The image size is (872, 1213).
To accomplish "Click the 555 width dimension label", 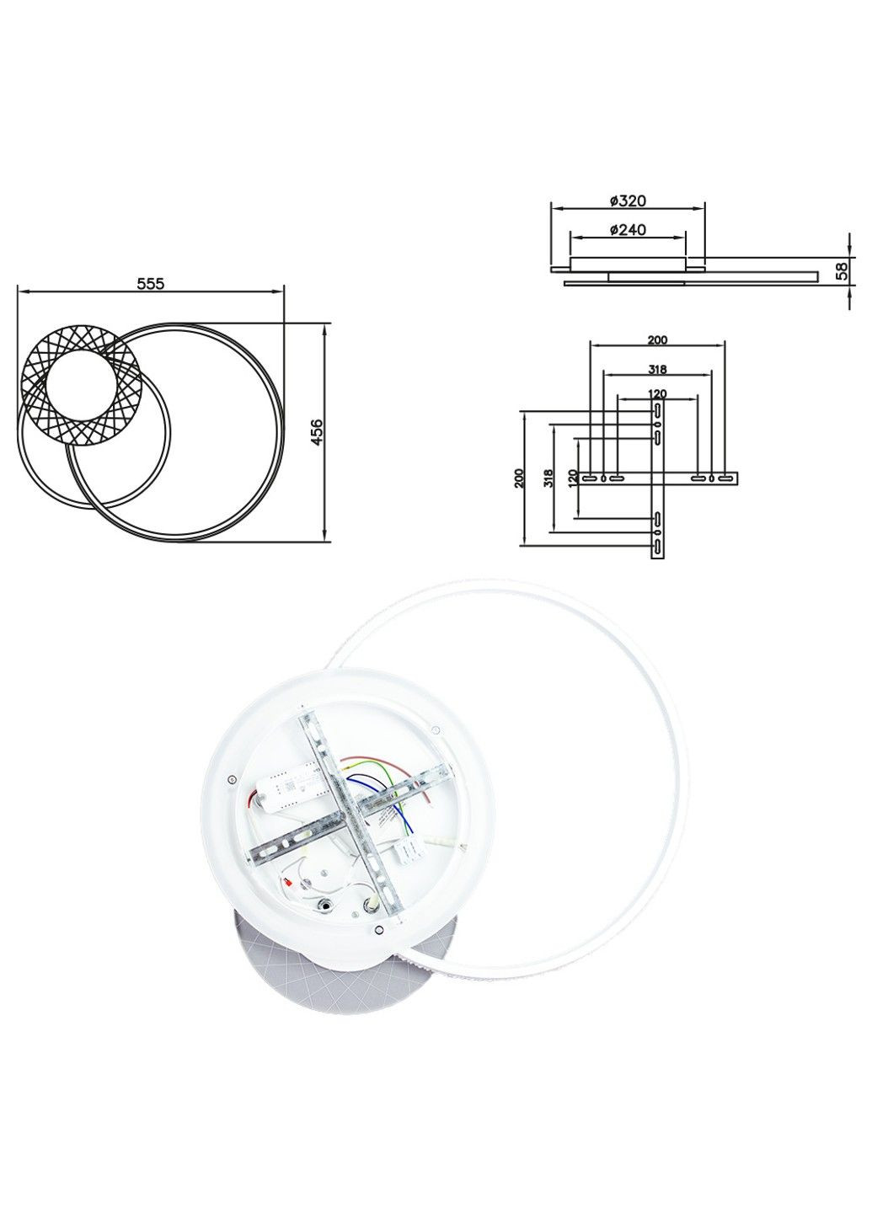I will click(x=151, y=285).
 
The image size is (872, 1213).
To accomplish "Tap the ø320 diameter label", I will click(x=627, y=201).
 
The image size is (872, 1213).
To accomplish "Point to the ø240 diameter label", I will click(x=627, y=230).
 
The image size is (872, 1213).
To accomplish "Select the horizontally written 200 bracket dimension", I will click(x=657, y=340).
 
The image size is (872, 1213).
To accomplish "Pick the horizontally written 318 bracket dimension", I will click(x=657, y=369).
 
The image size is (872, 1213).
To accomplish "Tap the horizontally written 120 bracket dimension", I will click(x=657, y=393).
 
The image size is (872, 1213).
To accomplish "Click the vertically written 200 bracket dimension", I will click(x=519, y=478).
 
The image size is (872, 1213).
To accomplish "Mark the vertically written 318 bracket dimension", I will click(x=548, y=478).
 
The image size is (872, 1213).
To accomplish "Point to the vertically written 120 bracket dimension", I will click(x=573, y=478).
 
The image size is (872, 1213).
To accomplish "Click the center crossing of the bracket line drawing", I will click(x=657, y=478).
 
